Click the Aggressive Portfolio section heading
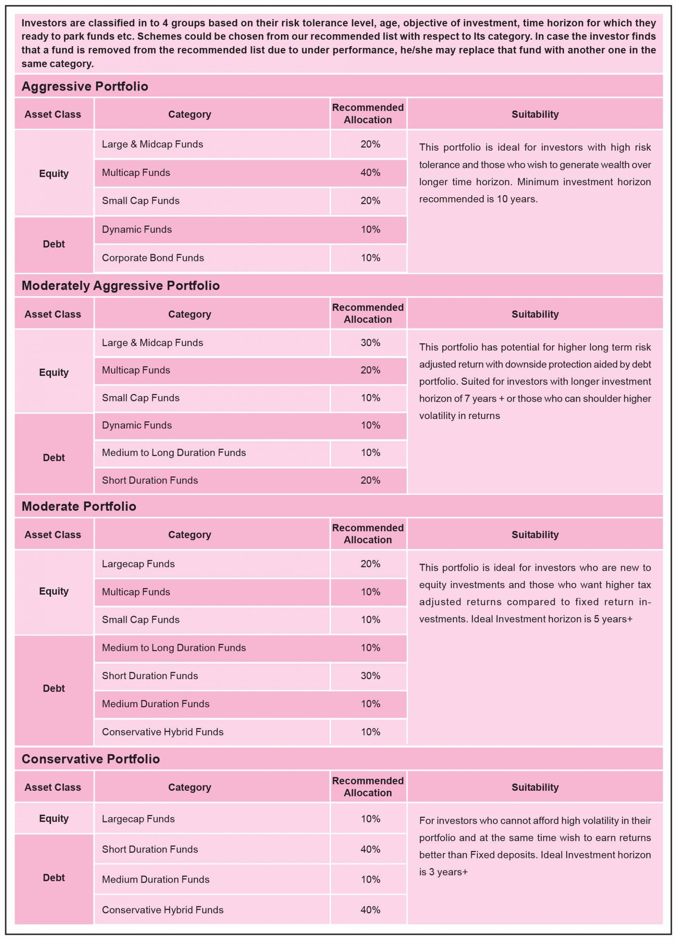click(x=84, y=86)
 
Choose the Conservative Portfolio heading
click(x=90, y=759)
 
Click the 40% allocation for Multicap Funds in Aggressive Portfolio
click(x=370, y=173)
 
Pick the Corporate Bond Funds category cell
click(x=153, y=258)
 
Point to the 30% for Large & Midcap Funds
click(x=370, y=343)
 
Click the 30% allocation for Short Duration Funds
click(x=370, y=676)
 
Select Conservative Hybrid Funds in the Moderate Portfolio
click(x=162, y=732)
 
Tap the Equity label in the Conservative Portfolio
click(x=54, y=819)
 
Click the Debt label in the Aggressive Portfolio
click(x=54, y=244)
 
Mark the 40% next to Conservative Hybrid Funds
click(x=370, y=910)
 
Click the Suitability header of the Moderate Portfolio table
click(x=535, y=535)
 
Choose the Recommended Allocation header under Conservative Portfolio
click(x=368, y=787)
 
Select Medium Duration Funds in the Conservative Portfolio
click(x=155, y=879)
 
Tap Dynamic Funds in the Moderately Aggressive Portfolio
click(x=137, y=425)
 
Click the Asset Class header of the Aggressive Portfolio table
click(x=53, y=114)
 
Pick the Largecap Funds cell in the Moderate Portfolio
click(x=138, y=564)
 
